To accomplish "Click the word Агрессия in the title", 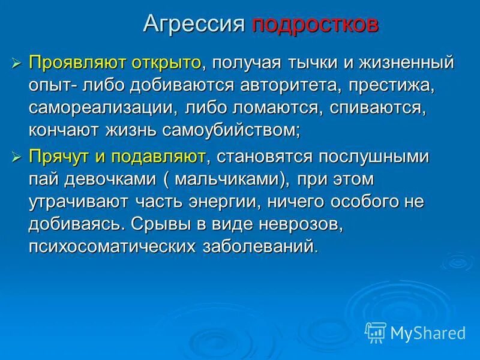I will pyautogui.click(x=194, y=25).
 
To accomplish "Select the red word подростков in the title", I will pyautogui.click(x=315, y=25).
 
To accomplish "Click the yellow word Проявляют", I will pyautogui.click(x=73, y=62).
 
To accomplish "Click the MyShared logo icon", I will pyautogui.click(x=376, y=332).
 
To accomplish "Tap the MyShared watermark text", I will pyautogui.click(x=428, y=332).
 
